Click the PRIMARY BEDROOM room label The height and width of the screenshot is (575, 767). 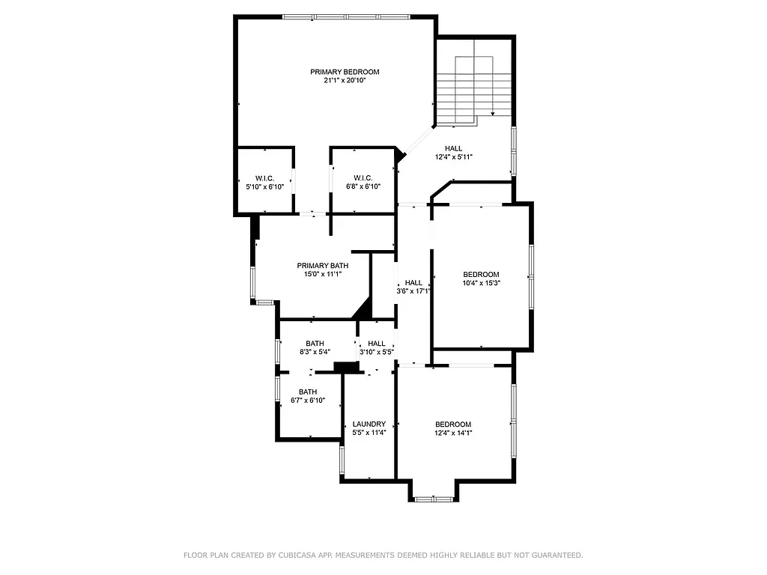coord(345,72)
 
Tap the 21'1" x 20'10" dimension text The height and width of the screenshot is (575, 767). coord(345,81)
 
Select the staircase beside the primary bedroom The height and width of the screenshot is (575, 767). coord(473,86)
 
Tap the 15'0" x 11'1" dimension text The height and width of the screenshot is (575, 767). coord(322,275)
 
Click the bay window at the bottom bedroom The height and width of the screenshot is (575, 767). coord(434,499)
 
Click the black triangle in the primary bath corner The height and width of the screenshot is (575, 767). coord(363,308)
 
